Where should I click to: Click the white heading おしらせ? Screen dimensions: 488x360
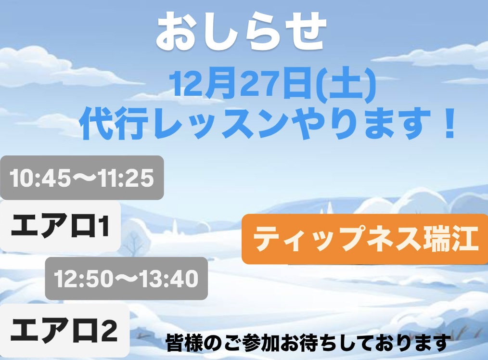241,31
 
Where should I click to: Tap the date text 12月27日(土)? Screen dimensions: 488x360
272,85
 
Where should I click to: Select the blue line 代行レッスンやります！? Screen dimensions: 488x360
268,124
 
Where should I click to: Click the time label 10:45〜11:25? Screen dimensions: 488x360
82,178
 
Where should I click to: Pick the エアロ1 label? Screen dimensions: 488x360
60,226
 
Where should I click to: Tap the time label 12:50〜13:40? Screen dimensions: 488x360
127,279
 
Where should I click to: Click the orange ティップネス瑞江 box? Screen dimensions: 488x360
365,239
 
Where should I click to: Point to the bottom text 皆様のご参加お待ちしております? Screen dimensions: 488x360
308,343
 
